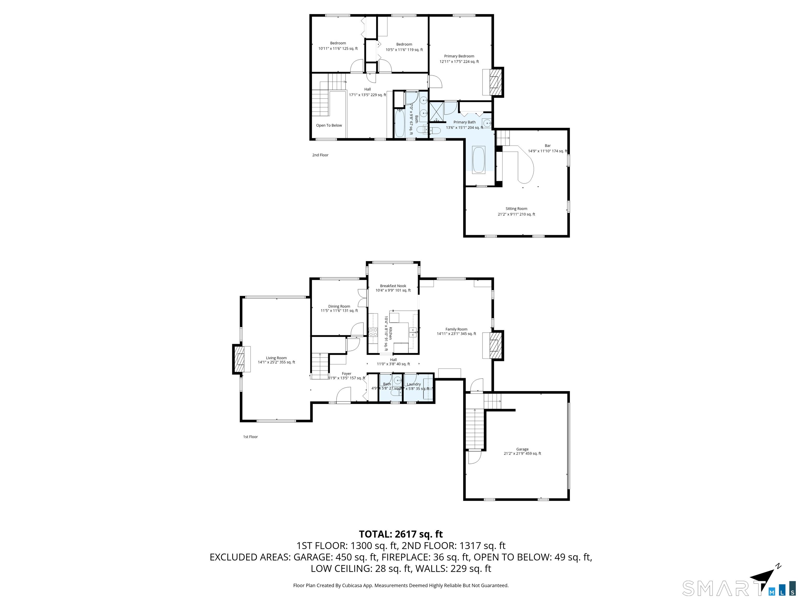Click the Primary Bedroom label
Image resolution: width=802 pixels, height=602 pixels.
click(459, 56)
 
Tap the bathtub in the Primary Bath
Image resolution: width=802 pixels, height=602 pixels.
click(479, 160)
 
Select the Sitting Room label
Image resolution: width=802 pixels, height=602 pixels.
click(516, 209)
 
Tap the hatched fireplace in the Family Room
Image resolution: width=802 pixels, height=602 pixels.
click(494, 345)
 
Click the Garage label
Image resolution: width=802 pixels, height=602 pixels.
click(522, 449)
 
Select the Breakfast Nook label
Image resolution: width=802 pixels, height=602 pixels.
click(393, 286)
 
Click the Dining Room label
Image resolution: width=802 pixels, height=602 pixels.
click(339, 306)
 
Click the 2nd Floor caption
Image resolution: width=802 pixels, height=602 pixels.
click(320, 155)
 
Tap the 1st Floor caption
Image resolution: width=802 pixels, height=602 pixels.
click(250, 437)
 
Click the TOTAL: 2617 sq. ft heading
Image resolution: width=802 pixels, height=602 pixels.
click(401, 534)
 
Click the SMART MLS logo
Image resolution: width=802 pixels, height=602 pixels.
click(738, 588)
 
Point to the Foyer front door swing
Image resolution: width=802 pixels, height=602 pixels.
click(344, 396)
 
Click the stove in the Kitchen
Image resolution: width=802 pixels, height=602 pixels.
click(373, 332)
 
